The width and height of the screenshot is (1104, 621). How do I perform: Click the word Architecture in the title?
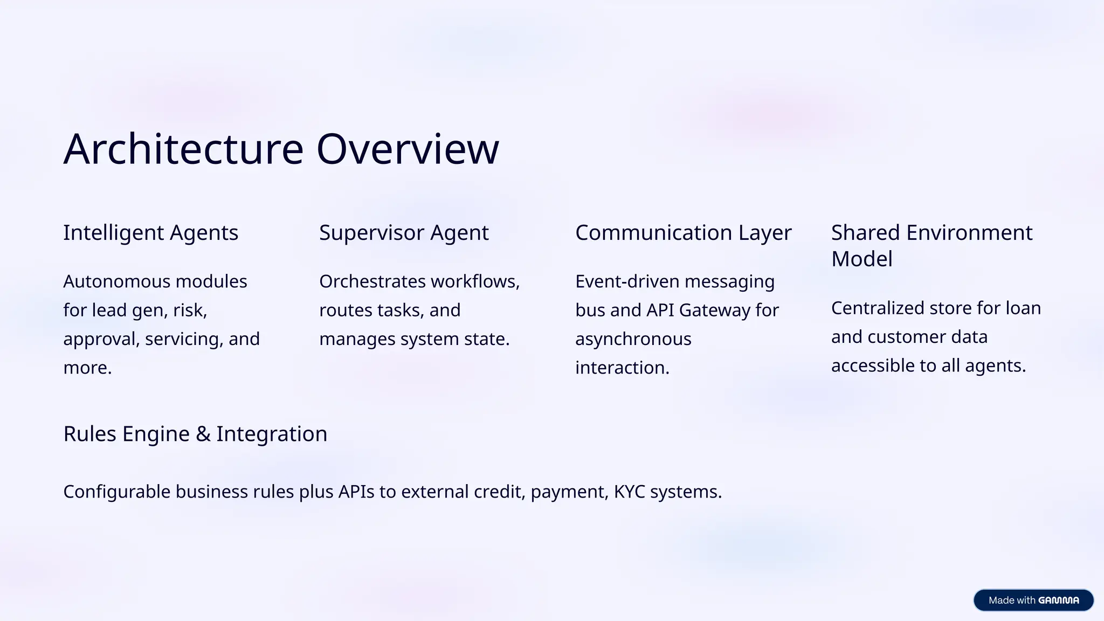183,149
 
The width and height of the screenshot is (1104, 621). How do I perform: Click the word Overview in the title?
408,149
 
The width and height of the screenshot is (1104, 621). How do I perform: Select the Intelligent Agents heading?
150,233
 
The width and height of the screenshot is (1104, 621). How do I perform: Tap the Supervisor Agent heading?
404,233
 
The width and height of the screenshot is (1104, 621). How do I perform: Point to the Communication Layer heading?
683,233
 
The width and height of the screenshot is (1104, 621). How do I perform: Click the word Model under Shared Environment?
861,259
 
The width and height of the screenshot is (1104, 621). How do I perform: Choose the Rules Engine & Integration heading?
195,434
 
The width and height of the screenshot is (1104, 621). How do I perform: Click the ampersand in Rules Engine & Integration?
203,434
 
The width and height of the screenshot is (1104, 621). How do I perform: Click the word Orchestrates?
372,281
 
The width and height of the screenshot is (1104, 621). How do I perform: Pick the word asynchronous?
633,339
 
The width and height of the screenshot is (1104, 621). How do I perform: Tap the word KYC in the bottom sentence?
629,492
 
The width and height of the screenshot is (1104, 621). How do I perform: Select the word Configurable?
116,492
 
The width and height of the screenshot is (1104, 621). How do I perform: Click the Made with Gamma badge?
1033,600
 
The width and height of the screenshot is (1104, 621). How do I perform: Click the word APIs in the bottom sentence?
356,492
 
